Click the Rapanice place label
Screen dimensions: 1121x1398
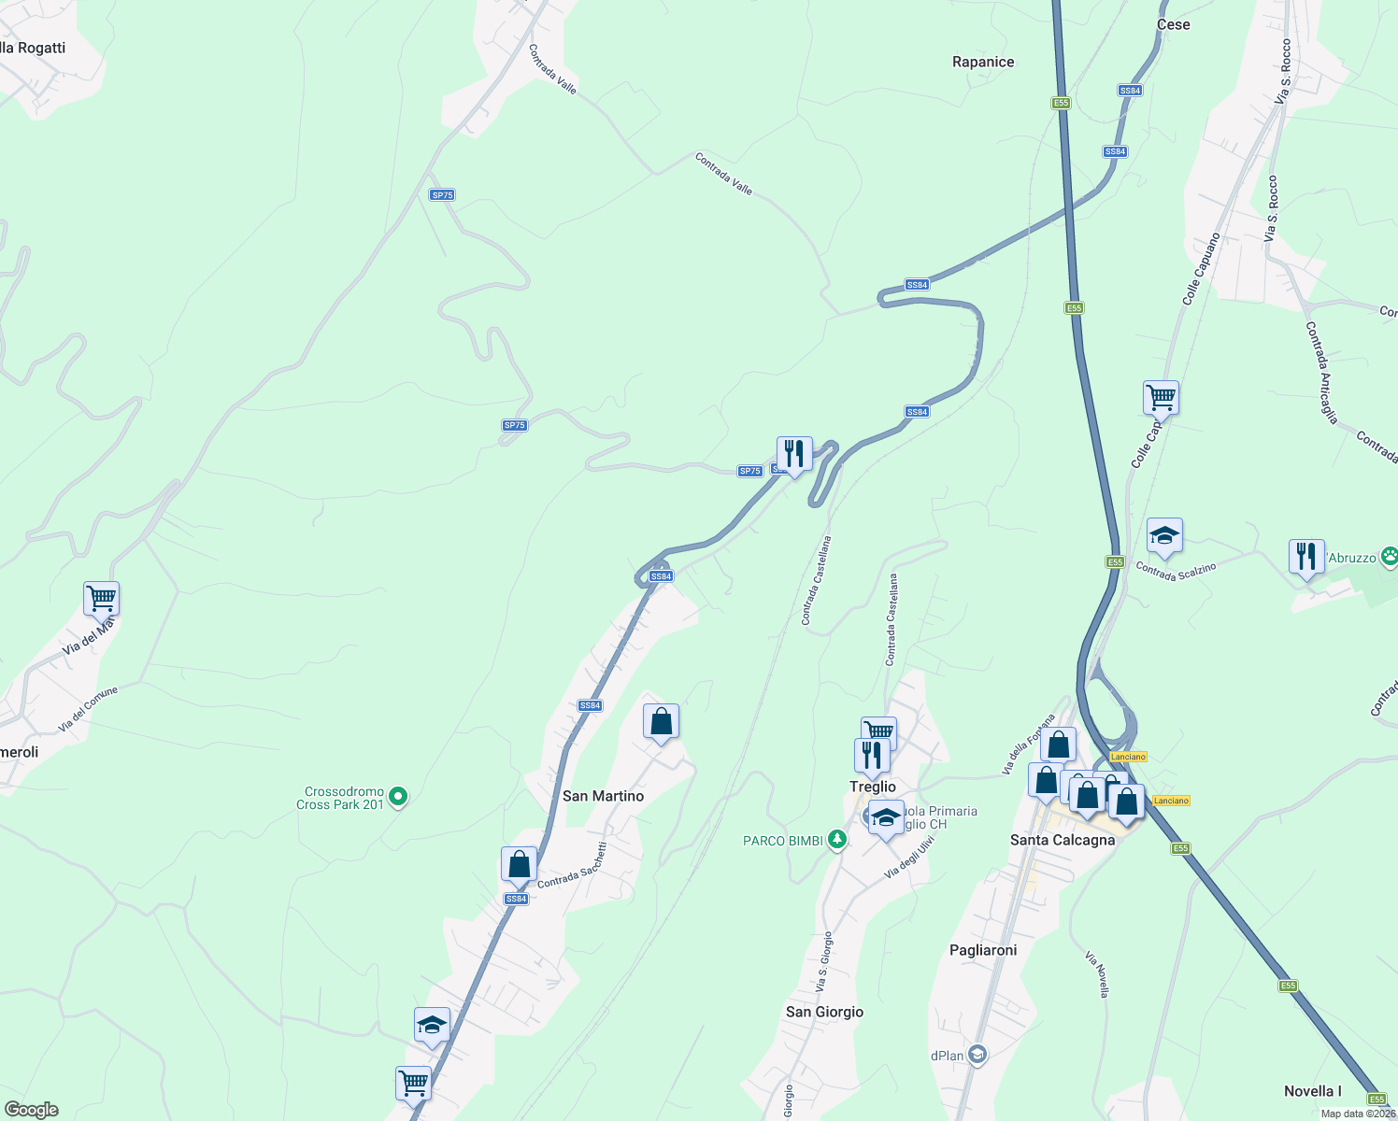click(982, 62)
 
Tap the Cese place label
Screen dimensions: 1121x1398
click(1173, 24)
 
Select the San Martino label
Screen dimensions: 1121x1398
click(603, 796)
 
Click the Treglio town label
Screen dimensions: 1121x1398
click(872, 787)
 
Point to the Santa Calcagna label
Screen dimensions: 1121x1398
click(1063, 840)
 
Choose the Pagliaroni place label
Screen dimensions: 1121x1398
click(983, 950)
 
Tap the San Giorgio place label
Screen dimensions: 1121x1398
click(824, 1012)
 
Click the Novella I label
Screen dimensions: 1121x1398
click(1312, 1091)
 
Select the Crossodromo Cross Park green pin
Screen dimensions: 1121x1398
click(398, 797)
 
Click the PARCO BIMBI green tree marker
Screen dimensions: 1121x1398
click(837, 840)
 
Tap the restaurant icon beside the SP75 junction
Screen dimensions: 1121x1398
click(793, 454)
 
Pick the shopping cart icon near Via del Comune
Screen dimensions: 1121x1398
click(101, 598)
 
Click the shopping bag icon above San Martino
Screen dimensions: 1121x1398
click(661, 722)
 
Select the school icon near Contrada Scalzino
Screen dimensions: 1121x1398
click(1164, 536)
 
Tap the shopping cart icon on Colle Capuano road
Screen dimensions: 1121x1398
click(1161, 398)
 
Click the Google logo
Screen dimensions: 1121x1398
click(32, 1110)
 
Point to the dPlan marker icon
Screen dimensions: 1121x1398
click(977, 1055)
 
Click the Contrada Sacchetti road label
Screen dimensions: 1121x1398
click(573, 866)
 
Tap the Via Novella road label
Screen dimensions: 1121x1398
click(1097, 974)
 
